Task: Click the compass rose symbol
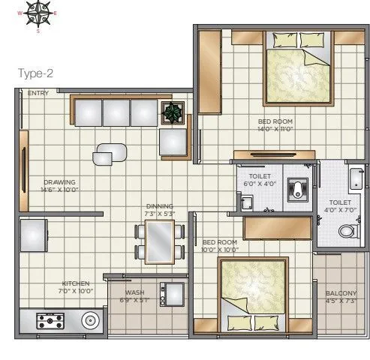(39, 13)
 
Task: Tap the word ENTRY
(38, 94)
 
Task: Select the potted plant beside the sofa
(173, 113)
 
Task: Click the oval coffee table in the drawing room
(110, 153)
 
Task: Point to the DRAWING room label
(59, 181)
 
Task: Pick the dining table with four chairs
(159, 241)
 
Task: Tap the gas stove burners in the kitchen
(50, 321)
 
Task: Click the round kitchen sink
(90, 320)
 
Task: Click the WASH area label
(135, 292)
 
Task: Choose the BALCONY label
(341, 293)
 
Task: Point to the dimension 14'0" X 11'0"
(275, 130)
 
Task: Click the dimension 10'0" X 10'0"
(220, 250)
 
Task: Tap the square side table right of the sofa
(173, 142)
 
